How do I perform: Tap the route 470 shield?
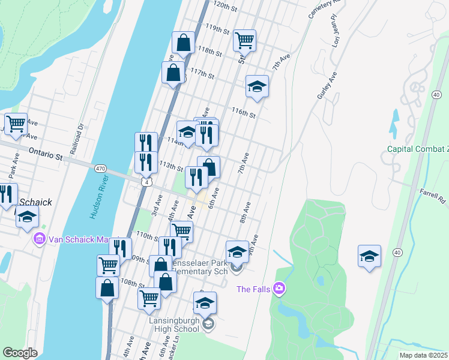100,169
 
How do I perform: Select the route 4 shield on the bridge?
146,181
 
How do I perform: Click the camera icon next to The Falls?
279,290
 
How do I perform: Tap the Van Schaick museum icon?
40,239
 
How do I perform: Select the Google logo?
20,352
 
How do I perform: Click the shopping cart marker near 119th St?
245,40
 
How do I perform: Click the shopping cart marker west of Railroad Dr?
16,124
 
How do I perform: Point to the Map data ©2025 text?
423,355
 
